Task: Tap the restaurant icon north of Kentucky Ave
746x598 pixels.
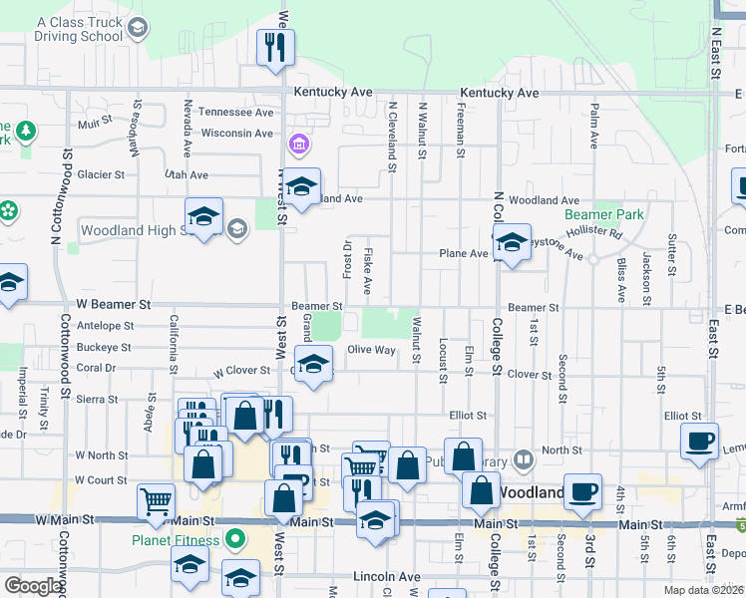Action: point(275,46)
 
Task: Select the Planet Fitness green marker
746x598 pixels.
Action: point(236,540)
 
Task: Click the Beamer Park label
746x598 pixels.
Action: point(604,214)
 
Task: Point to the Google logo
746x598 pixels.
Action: point(33,586)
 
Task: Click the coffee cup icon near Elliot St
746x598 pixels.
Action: point(699,440)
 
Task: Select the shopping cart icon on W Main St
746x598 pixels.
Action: point(156,503)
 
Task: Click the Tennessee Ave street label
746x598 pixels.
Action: point(235,112)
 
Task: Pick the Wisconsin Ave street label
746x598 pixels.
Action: point(237,133)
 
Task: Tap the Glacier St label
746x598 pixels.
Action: point(101,174)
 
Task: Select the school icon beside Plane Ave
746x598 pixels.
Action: point(512,242)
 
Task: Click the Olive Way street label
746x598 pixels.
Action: point(372,350)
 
